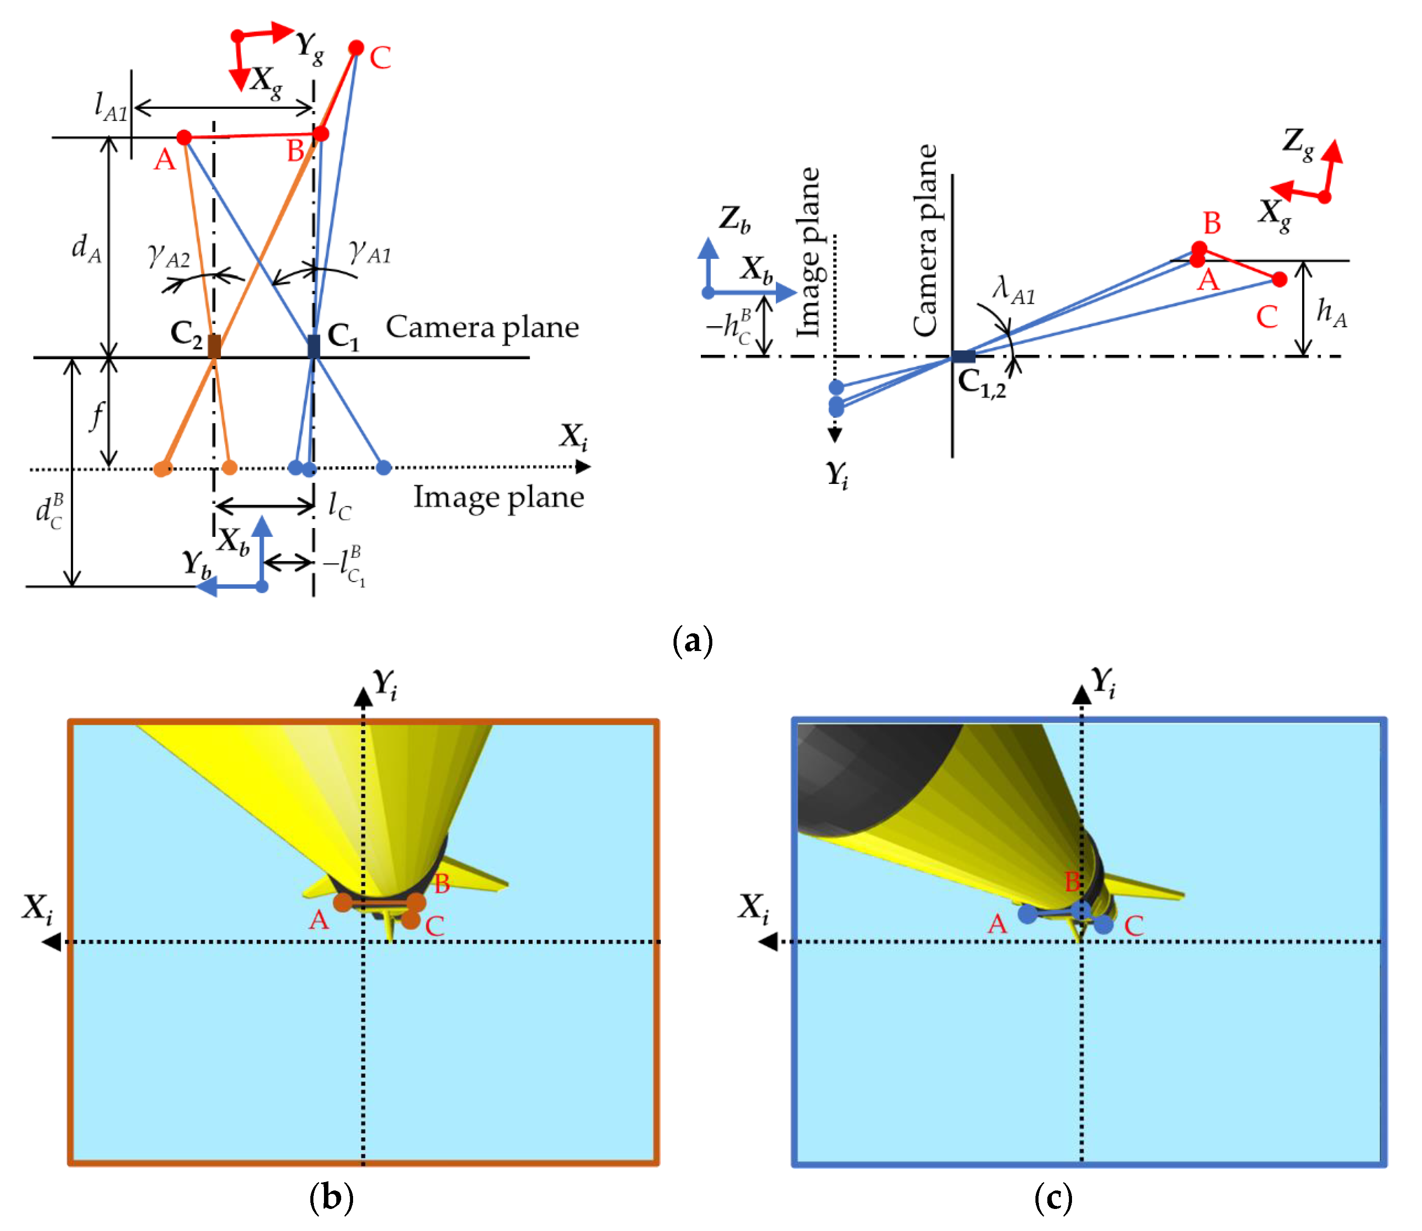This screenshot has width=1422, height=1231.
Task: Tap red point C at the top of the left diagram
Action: tap(356, 48)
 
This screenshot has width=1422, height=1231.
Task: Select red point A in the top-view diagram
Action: tap(183, 138)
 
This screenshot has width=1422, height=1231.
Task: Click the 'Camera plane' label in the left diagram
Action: tap(482, 327)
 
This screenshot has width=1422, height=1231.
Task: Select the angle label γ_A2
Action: tap(169, 256)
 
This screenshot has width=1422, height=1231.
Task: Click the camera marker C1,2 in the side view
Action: tap(963, 356)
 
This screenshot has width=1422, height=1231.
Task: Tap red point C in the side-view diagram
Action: tap(1279, 279)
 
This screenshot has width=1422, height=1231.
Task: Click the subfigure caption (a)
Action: tap(692, 640)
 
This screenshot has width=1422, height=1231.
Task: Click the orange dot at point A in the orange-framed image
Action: tap(342, 902)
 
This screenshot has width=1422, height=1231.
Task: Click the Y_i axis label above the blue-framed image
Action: tap(1103, 683)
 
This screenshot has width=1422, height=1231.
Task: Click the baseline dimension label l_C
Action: tap(339, 506)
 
